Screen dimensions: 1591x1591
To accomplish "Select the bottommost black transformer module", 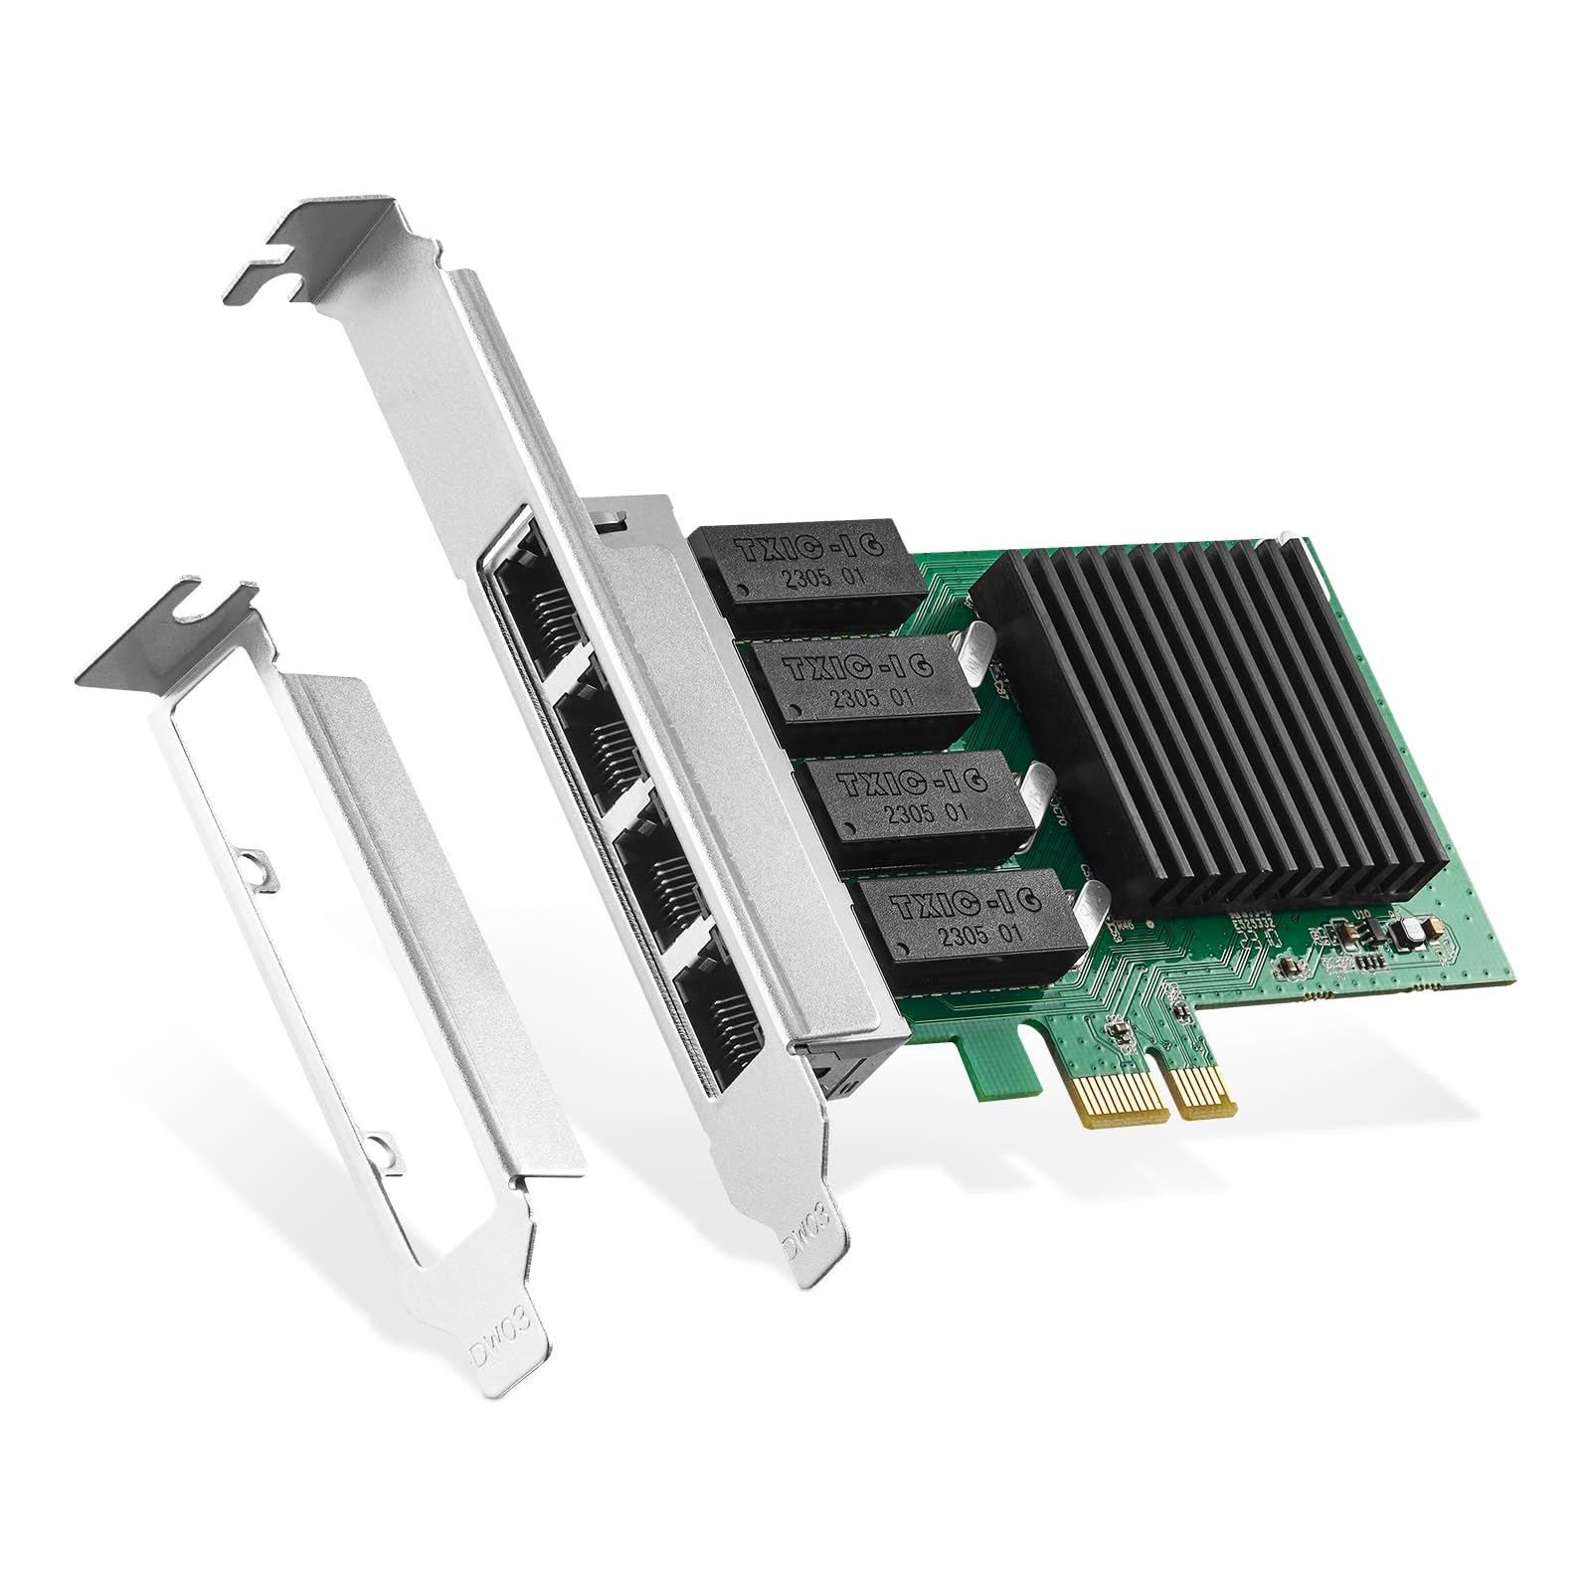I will pyautogui.click(x=965, y=925).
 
